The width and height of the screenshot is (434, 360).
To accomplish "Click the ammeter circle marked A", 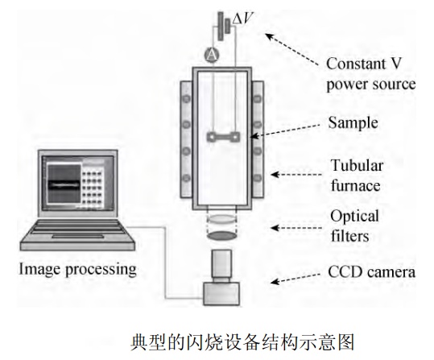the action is pyautogui.click(x=212, y=55).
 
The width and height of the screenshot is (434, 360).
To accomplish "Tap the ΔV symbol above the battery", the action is pyautogui.click(x=242, y=19).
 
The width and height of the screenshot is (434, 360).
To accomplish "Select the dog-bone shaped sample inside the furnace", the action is pyautogui.click(x=223, y=137).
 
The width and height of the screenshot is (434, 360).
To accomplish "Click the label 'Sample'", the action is pyautogui.click(x=353, y=122).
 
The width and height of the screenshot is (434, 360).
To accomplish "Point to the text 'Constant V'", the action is pyautogui.click(x=363, y=64).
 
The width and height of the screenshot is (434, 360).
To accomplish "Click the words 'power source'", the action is pyautogui.click(x=371, y=85).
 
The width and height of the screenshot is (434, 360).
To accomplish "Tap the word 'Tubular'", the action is pyautogui.click(x=357, y=166).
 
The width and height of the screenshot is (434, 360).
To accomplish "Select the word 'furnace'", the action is pyautogui.click(x=355, y=185).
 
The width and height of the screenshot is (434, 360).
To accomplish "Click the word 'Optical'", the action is pyautogui.click(x=354, y=217).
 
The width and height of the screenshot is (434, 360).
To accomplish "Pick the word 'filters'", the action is pyautogui.click(x=349, y=236).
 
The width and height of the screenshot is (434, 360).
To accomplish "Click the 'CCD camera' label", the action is pyautogui.click(x=371, y=272).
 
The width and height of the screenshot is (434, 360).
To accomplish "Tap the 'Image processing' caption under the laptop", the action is pyautogui.click(x=78, y=269).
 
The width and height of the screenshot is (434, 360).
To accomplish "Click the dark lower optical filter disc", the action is pyautogui.click(x=221, y=235).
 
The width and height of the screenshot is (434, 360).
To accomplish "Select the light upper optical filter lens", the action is pyautogui.click(x=221, y=219).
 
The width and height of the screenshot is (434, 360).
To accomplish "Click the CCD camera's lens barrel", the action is pyautogui.click(x=221, y=263).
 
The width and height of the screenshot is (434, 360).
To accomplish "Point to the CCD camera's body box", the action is pyautogui.click(x=221, y=293).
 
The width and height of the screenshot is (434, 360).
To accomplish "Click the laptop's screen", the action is pyautogui.click(x=78, y=183).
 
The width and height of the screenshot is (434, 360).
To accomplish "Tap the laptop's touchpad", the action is pyautogui.click(x=78, y=236).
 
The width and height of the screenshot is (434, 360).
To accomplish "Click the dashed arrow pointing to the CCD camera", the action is pyautogui.click(x=295, y=279).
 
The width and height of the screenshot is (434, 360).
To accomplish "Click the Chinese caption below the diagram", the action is pyautogui.click(x=242, y=342).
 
